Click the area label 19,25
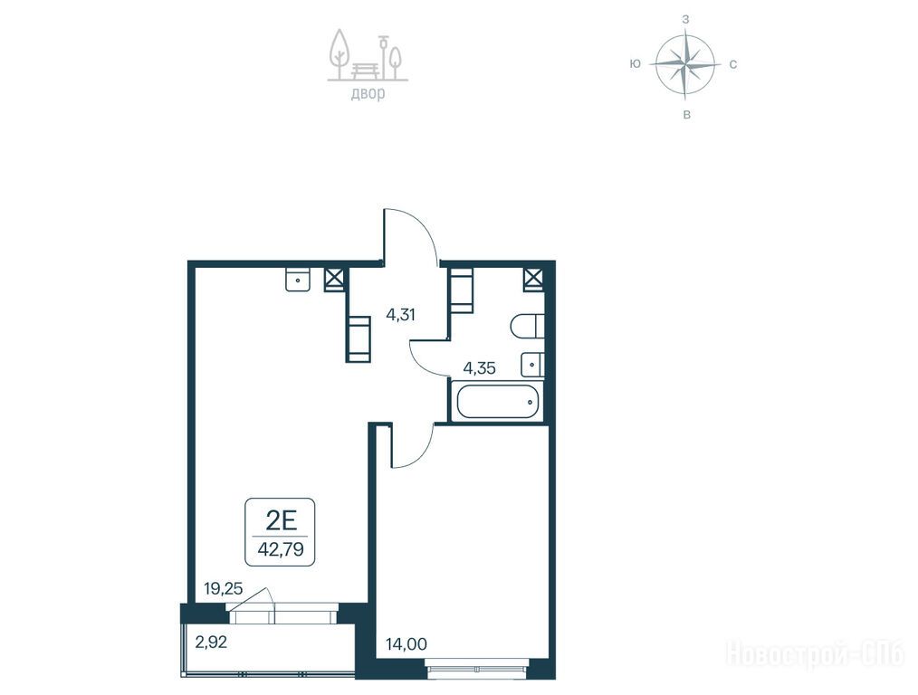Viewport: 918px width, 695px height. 223,588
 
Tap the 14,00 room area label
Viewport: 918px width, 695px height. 406,644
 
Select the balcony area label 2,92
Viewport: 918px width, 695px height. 211,643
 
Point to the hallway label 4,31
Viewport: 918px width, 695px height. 400,315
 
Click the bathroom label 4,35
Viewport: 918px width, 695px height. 480,368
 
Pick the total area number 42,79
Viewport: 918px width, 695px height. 281,550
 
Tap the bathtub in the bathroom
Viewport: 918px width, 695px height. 497,401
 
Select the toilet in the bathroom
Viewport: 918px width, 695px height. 528,326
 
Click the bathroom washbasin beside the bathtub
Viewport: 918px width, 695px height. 532,365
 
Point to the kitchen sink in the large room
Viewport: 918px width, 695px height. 298,279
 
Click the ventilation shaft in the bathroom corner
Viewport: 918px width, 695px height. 534,279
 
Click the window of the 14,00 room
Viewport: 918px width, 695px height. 477,668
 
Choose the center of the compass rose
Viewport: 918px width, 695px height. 685,63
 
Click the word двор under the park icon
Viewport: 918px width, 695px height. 368,93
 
